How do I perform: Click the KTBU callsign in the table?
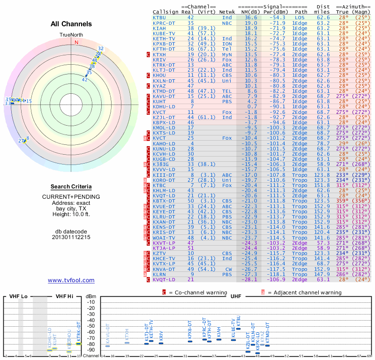[x=159, y=17]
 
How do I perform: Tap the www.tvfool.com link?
[x=71, y=280]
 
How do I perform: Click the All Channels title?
[x=71, y=24]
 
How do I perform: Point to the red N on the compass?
[x=76, y=42]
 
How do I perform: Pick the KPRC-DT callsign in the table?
[x=164, y=23]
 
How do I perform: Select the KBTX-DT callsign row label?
[x=164, y=200]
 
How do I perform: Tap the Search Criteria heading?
[x=71, y=187]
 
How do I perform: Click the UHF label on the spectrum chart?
[x=236, y=296]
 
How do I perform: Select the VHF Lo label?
[x=18, y=296]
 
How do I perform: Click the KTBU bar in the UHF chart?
[x=239, y=329]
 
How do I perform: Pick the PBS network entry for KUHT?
[x=227, y=101]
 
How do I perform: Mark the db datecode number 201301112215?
[x=71, y=237]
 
